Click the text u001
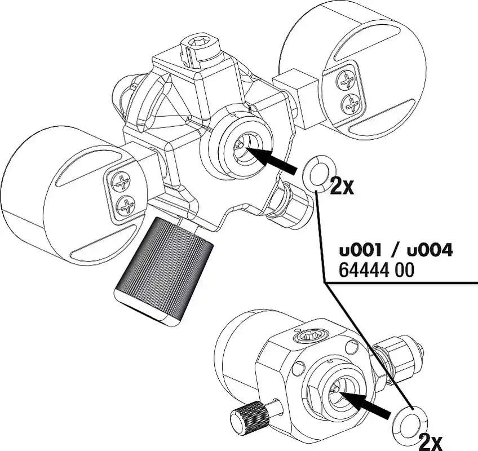tap(360, 251)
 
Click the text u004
tap(430, 251)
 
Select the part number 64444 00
tap(377, 269)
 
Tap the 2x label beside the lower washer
tap(431, 442)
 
